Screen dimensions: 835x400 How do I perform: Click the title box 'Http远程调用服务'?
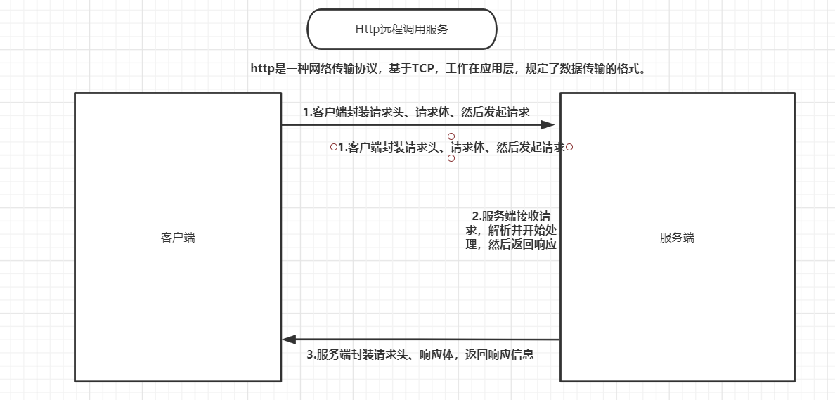(401, 30)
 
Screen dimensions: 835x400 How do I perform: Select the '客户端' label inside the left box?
(178, 238)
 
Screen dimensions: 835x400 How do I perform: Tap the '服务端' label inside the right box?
(677, 238)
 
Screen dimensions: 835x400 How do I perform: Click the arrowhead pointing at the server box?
(548, 125)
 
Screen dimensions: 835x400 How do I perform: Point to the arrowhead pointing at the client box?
(289, 340)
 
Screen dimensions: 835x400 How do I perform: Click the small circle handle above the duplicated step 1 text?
(451, 136)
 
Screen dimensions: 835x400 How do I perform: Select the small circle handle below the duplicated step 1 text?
(451, 158)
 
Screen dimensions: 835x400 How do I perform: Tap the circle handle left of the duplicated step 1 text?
(333, 147)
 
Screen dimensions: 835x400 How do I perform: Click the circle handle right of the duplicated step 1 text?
(569, 147)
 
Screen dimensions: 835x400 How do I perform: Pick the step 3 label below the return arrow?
(420, 354)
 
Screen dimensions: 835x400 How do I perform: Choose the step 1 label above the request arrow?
(416, 112)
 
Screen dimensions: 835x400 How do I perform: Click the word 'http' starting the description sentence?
(261, 69)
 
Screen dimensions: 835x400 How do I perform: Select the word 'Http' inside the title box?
(366, 30)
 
